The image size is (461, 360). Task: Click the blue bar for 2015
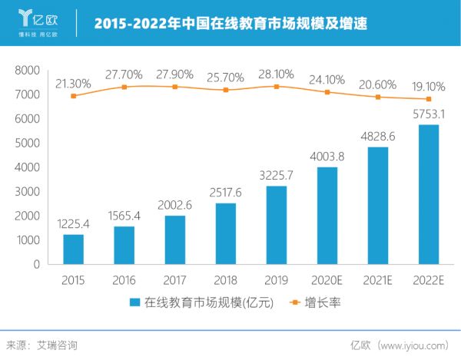pyautogui.click(x=73, y=249)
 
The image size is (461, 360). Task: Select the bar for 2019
pyautogui.click(x=277, y=225)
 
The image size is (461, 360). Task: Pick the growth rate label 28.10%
pyautogui.click(x=277, y=77)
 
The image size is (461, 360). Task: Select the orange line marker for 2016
pyautogui.click(x=124, y=87)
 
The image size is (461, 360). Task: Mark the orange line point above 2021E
pyautogui.click(x=378, y=97)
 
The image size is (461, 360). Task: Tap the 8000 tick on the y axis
pyautogui.click(x=28, y=70)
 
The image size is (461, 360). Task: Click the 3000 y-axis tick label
pyautogui.click(x=28, y=191)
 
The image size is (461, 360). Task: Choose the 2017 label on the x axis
pyautogui.click(x=175, y=280)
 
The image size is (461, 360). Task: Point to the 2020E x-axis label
pyautogui.click(x=327, y=280)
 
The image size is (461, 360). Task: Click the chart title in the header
pyautogui.click(x=230, y=25)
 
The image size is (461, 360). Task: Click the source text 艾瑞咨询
pyautogui.click(x=57, y=345)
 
